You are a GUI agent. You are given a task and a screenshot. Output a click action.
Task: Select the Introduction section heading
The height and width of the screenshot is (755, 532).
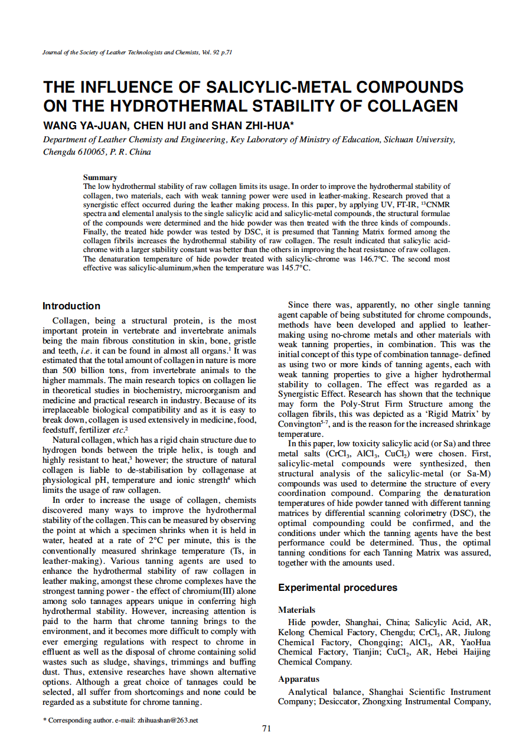click(71, 306)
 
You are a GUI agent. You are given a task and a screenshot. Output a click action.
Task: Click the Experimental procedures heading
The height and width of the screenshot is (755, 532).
click(338, 587)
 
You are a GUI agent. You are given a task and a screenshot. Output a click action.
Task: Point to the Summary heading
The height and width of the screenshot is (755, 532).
click(100, 177)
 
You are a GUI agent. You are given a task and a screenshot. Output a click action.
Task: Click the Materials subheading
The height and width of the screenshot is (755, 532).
click(296, 610)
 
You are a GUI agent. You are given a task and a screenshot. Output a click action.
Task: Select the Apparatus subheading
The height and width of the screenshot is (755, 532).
click(298, 679)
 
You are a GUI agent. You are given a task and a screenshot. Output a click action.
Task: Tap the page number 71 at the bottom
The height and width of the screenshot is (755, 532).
click(266, 728)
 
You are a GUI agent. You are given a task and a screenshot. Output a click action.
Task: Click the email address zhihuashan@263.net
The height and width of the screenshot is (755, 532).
click(167, 720)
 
